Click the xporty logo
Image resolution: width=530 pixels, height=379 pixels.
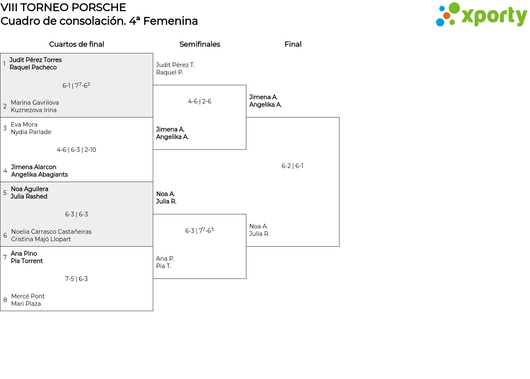coord(481,14)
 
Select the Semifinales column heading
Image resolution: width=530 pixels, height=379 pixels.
coord(200,44)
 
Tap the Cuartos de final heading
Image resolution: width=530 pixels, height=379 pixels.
coord(77,44)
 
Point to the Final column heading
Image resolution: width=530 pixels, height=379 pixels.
coord(293,44)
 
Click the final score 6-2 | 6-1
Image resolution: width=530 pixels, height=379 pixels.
coord(292,166)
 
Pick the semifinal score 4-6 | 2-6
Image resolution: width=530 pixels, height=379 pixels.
coord(200,101)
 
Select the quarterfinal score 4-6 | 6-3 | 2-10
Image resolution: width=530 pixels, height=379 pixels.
coord(77,150)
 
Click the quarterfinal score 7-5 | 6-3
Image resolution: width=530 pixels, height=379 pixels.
coord(77,279)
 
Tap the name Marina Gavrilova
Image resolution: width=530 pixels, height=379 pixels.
coord(35,103)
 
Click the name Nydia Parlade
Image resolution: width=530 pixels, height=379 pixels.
coord(31,132)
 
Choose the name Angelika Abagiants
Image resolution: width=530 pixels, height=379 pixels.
coord(39,175)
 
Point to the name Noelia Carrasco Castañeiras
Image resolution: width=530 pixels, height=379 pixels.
coord(51,232)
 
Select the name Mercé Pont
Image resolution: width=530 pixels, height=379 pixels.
coord(28,296)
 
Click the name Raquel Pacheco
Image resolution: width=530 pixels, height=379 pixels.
coord(33,67)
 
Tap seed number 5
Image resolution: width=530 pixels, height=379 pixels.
coord(5,193)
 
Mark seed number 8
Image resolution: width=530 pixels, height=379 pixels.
coord(5,300)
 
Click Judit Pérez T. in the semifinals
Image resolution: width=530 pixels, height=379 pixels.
coord(175,65)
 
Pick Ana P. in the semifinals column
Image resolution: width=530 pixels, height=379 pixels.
coord(165,259)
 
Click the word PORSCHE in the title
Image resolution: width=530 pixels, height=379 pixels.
coord(99,7)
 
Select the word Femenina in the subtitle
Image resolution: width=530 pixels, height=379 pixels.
coord(170,21)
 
